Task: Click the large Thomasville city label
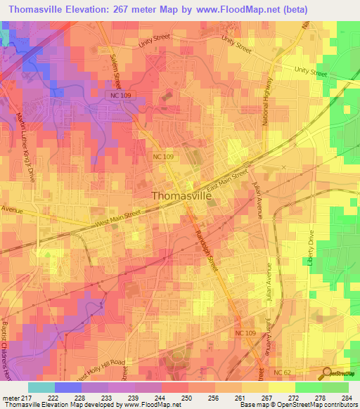pyautogui.click(x=181, y=197)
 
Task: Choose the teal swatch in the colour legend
pyautogui.click(x=41, y=387)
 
